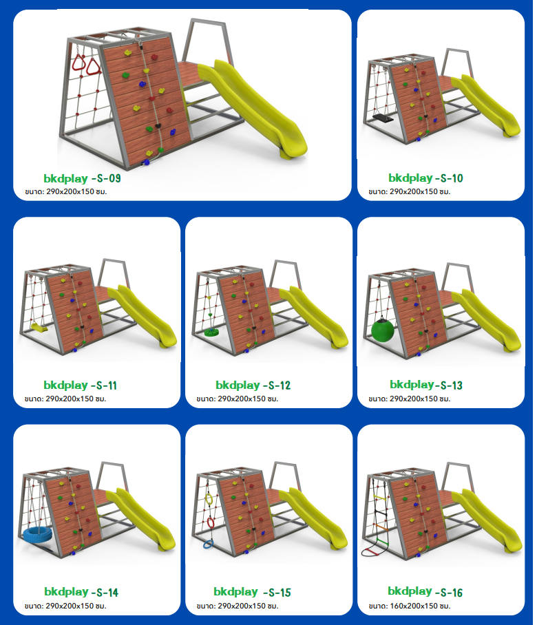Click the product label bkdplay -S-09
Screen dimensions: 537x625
point(82,178)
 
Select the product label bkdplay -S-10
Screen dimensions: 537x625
point(425,178)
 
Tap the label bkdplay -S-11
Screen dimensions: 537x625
point(80,385)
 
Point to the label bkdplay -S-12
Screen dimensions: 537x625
point(253,385)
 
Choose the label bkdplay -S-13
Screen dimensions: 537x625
point(426,385)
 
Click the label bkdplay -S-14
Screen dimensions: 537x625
point(81,592)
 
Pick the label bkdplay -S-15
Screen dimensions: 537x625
point(253,592)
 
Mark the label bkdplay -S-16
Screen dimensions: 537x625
point(425,591)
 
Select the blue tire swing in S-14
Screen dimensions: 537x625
point(36,535)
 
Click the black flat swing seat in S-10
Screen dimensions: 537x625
point(383,118)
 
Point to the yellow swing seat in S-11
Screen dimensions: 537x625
point(39,328)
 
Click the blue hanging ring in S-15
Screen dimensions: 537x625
point(209,544)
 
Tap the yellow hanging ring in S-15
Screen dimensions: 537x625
point(209,498)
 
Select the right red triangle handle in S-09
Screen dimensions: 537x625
point(94,67)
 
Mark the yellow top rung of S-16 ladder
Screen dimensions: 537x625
point(381,498)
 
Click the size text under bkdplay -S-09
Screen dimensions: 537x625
point(66,191)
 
